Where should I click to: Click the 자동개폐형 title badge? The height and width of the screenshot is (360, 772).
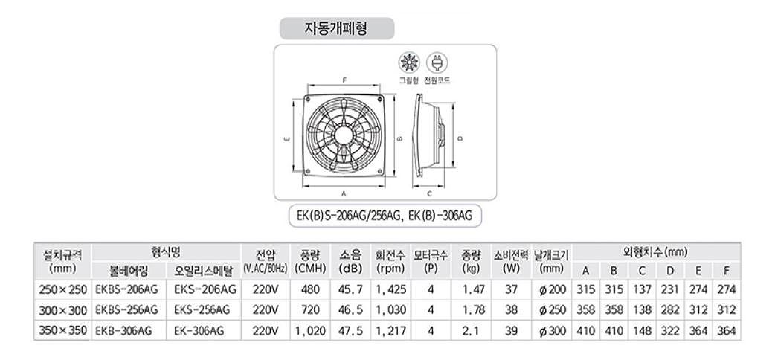point(336,28)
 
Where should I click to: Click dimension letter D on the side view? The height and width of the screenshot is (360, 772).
point(461,138)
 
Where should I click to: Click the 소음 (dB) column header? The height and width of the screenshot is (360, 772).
point(350,260)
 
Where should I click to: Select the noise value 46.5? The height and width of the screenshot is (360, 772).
point(350,309)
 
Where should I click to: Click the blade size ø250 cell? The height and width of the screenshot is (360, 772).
point(551,309)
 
